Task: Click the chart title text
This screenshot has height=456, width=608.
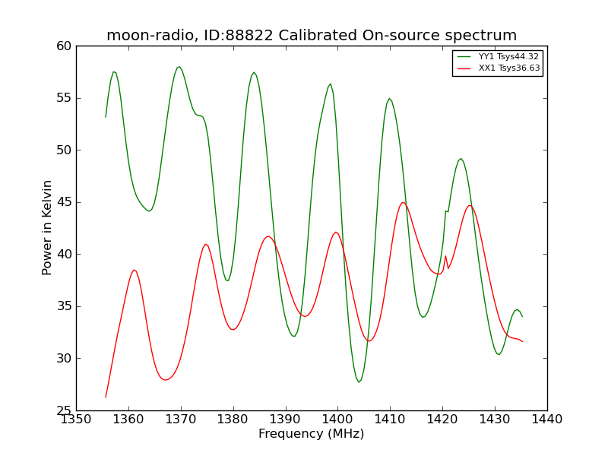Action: pyautogui.click(x=312, y=35)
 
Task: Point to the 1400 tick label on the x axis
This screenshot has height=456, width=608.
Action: pyautogui.click(x=337, y=420)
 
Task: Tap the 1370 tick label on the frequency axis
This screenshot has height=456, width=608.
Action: pyautogui.click(x=181, y=420)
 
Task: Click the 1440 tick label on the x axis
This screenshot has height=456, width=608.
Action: pyautogui.click(x=547, y=420)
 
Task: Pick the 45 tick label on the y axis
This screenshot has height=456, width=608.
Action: pyautogui.click(x=64, y=202)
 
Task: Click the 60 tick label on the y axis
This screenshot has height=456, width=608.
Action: pyautogui.click(x=64, y=46)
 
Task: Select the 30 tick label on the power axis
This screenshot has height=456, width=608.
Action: pyautogui.click(x=64, y=358)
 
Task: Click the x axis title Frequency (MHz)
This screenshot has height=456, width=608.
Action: pyautogui.click(x=312, y=433)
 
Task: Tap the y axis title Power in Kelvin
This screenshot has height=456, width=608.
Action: pyautogui.click(x=46, y=227)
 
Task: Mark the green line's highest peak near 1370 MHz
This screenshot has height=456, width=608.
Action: pyautogui.click(x=179, y=67)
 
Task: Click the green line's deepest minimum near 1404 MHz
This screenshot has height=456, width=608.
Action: pyautogui.click(x=359, y=382)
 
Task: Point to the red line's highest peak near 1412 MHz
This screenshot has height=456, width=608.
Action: pyautogui.click(x=403, y=202)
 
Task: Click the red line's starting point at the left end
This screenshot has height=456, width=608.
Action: pyautogui.click(x=106, y=397)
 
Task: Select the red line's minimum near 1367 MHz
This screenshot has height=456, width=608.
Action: pyautogui.click(x=166, y=379)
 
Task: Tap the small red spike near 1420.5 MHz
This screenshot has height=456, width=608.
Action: pyautogui.click(x=445, y=256)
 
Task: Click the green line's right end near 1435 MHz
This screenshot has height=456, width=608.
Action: pyautogui.click(x=522, y=316)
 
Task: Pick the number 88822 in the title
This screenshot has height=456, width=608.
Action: pyautogui.click(x=250, y=35)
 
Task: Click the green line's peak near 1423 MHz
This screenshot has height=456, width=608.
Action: pyautogui.click(x=461, y=159)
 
